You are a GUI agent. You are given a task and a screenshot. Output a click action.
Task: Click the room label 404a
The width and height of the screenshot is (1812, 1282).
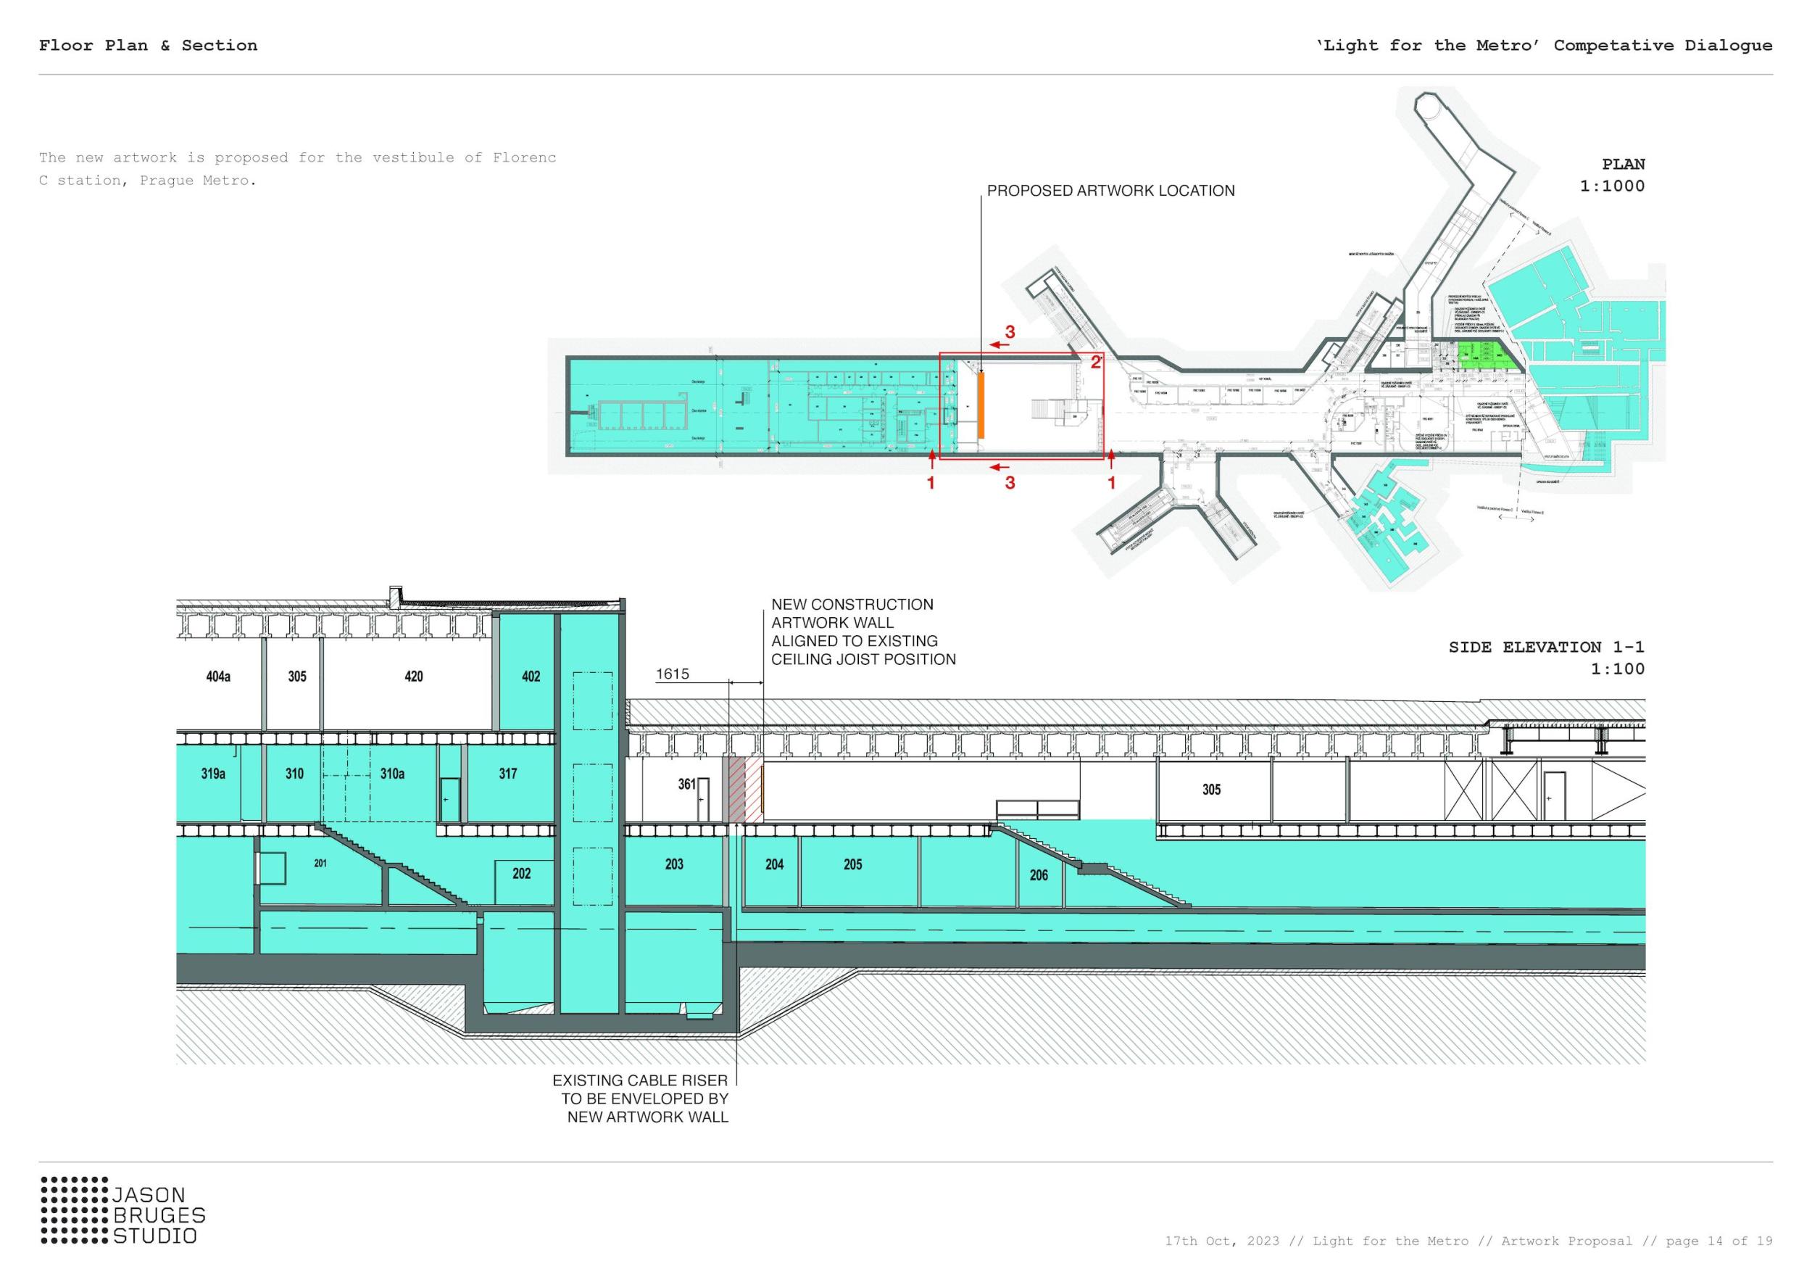pyautogui.click(x=218, y=677)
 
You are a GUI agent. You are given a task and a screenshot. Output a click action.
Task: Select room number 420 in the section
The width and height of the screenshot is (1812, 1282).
pyautogui.click(x=414, y=677)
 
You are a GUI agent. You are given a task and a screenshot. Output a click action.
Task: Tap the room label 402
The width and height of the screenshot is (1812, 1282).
pyautogui.click(x=531, y=677)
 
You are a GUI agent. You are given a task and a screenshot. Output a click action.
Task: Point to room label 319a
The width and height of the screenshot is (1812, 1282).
pyautogui.click(x=212, y=774)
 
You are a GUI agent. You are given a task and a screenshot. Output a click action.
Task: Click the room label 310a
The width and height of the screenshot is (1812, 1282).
pyautogui.click(x=392, y=774)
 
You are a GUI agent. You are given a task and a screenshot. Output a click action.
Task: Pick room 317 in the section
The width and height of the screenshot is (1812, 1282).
pyautogui.click(x=508, y=774)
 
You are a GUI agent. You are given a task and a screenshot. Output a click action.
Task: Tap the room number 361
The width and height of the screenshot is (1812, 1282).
pyautogui.click(x=686, y=785)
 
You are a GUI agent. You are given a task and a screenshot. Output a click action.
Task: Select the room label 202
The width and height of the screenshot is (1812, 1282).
pyautogui.click(x=522, y=874)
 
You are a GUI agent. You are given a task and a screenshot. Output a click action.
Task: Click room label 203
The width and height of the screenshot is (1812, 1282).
pyautogui.click(x=674, y=864)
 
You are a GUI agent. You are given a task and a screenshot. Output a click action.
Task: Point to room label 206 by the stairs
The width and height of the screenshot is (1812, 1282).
pyautogui.click(x=1039, y=875)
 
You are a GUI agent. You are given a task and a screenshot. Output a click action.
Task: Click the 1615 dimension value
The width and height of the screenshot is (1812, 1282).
pyautogui.click(x=673, y=674)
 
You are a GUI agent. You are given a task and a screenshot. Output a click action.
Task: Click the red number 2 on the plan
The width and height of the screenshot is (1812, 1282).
pyautogui.click(x=1095, y=363)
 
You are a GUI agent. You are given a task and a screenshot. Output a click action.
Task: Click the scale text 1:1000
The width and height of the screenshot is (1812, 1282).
pyautogui.click(x=1613, y=186)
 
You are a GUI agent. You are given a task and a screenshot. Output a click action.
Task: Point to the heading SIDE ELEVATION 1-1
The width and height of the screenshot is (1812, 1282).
pyautogui.click(x=1546, y=648)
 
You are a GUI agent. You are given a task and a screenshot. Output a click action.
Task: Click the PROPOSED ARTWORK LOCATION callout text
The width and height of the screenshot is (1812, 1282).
pyautogui.click(x=1110, y=191)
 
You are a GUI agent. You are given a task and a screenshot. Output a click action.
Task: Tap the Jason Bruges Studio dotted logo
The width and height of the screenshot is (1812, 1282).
pyautogui.click(x=75, y=1210)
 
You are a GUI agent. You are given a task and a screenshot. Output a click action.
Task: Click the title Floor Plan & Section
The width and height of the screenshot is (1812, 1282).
pyautogui.click(x=149, y=46)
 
